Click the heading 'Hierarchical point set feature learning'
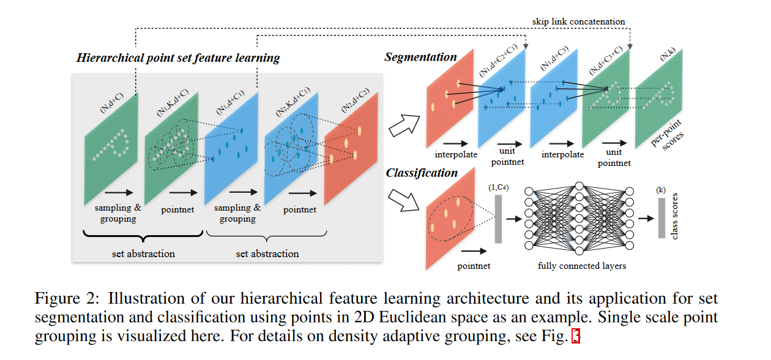coord(178,59)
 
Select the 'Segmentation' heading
coord(421,57)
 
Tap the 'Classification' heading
coord(422,173)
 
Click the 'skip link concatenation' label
coord(578,21)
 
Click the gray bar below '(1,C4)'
coord(498,219)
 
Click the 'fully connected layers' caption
coord(582,266)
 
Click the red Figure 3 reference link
coord(575,336)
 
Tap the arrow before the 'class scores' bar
coord(644,217)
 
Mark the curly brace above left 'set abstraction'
coord(143,236)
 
